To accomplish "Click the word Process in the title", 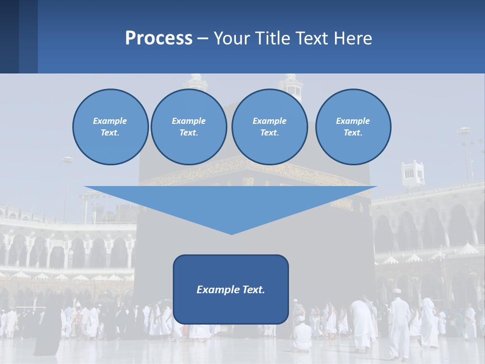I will [159, 38].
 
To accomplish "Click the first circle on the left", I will [111, 126].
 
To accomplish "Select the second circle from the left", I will [189, 126].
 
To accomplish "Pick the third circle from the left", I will [269, 126].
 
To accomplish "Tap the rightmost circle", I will [353, 126].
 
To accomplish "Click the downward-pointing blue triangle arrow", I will [231, 205].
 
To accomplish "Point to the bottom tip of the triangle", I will [231, 233].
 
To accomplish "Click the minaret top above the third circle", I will [292, 83].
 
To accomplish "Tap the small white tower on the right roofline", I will [413, 174].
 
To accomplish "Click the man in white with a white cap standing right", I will [399, 324].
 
